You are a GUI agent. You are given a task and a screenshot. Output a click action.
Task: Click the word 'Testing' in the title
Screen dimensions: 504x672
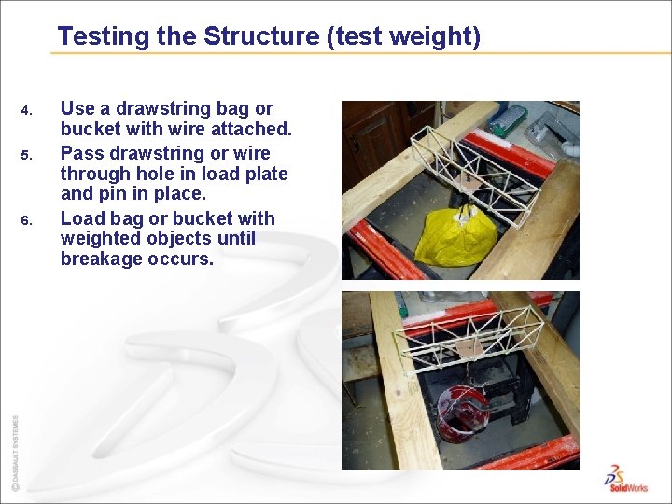(103, 36)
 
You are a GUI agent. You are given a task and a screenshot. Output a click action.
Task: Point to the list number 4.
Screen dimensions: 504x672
(27, 112)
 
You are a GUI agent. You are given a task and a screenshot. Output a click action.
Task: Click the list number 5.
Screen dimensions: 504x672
(27, 156)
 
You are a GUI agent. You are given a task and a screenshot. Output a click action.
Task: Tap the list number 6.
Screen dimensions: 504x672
(27, 221)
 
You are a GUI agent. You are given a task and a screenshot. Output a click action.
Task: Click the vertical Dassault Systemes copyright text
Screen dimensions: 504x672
(14, 453)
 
